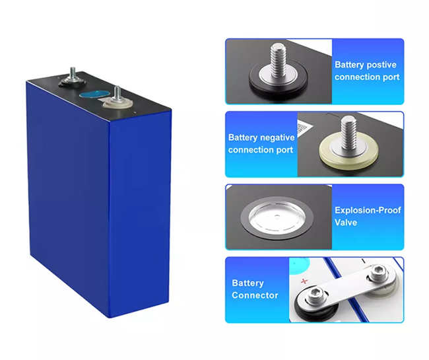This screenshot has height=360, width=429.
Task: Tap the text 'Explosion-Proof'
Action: click(368, 211)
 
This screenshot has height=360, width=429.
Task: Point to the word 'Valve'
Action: click(346, 223)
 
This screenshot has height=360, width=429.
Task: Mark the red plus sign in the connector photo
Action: click(304, 281)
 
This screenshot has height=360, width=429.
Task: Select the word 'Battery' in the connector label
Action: click(247, 283)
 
